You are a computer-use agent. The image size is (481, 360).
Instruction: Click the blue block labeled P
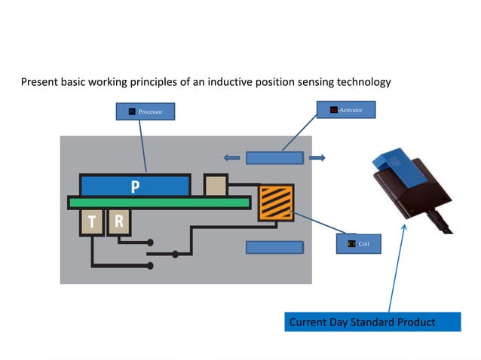click(134, 185)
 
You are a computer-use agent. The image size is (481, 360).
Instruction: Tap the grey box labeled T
click(91, 221)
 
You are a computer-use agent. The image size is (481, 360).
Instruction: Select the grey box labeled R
click(118, 221)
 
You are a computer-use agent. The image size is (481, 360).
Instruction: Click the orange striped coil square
click(276, 203)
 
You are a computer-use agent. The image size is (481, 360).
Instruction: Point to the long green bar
click(158, 202)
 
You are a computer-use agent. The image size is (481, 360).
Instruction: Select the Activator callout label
click(351, 110)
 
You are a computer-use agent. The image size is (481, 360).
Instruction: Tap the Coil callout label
click(358, 244)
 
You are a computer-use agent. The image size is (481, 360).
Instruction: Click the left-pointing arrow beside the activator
click(231, 158)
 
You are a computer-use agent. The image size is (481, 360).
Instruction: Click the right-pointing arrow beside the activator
click(317, 158)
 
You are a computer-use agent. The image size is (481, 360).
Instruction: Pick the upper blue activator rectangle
click(274, 158)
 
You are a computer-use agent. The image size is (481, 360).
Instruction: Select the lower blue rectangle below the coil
click(274, 247)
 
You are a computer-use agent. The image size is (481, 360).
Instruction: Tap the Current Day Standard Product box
click(372, 322)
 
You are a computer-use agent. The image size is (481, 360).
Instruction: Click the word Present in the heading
click(40, 81)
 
